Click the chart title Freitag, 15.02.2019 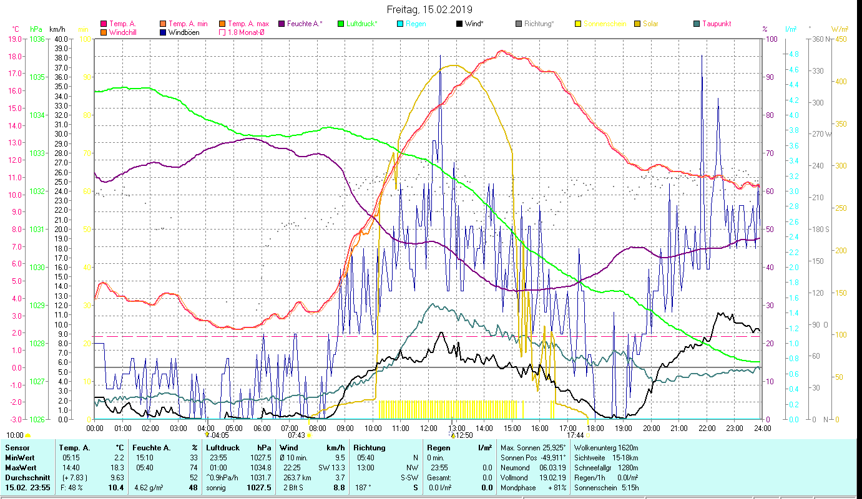coord(429,9)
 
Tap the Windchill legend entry coord(123,32)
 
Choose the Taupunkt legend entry coord(716,24)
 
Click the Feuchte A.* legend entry coord(305,24)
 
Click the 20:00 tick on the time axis coord(651,429)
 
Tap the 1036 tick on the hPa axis coord(37,39)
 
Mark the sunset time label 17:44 coord(575,435)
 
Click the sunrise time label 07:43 coord(296,435)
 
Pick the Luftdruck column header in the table coord(223,448)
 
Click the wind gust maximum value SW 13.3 coord(331,467)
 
